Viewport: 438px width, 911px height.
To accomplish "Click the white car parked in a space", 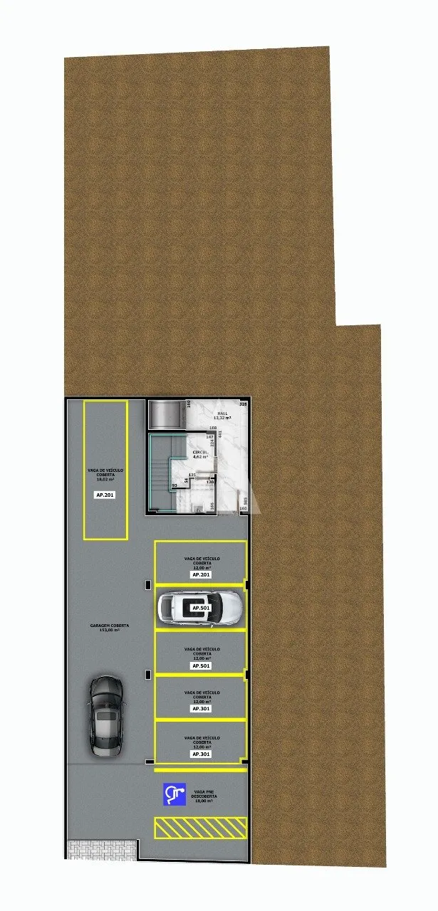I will [199, 609].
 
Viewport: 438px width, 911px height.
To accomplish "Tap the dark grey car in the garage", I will [106, 715].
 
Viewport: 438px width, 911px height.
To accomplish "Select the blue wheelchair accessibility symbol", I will [174, 794].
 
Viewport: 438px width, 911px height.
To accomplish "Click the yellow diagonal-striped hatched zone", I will [200, 827].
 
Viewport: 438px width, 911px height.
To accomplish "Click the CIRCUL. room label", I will [200, 452].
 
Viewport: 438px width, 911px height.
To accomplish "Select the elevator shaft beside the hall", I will [166, 414].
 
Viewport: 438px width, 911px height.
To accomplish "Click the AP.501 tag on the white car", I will [200, 609].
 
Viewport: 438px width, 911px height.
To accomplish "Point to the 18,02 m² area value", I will [105, 480].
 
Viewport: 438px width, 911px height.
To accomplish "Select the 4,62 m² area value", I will [200, 457].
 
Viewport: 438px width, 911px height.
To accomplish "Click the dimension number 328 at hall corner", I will [243, 404].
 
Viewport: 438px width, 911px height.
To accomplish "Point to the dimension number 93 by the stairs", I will [174, 486].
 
